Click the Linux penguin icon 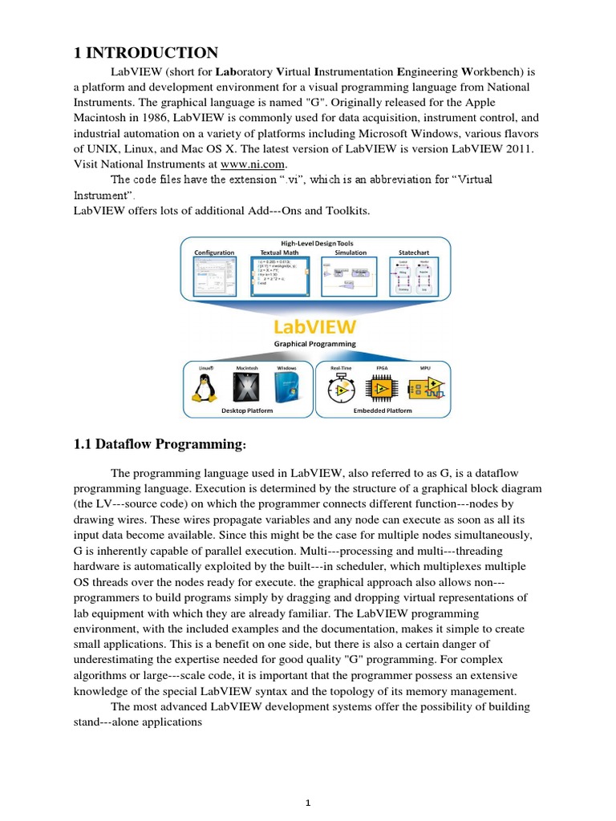click(x=204, y=387)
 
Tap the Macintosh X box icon click(x=245, y=388)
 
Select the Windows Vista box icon click(x=286, y=388)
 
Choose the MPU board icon click(x=426, y=388)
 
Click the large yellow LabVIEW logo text click(x=316, y=328)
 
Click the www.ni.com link click(x=246, y=164)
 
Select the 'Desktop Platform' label click(x=248, y=410)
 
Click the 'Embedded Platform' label click(x=383, y=410)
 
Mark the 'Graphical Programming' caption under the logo click(x=316, y=345)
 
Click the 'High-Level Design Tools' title click(x=316, y=243)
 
